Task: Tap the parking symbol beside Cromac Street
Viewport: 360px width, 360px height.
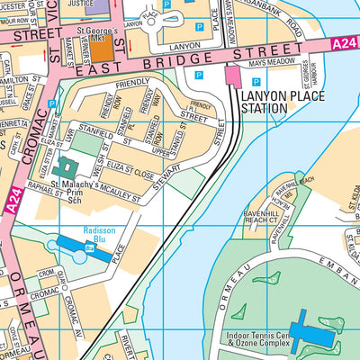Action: coord(52,104)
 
